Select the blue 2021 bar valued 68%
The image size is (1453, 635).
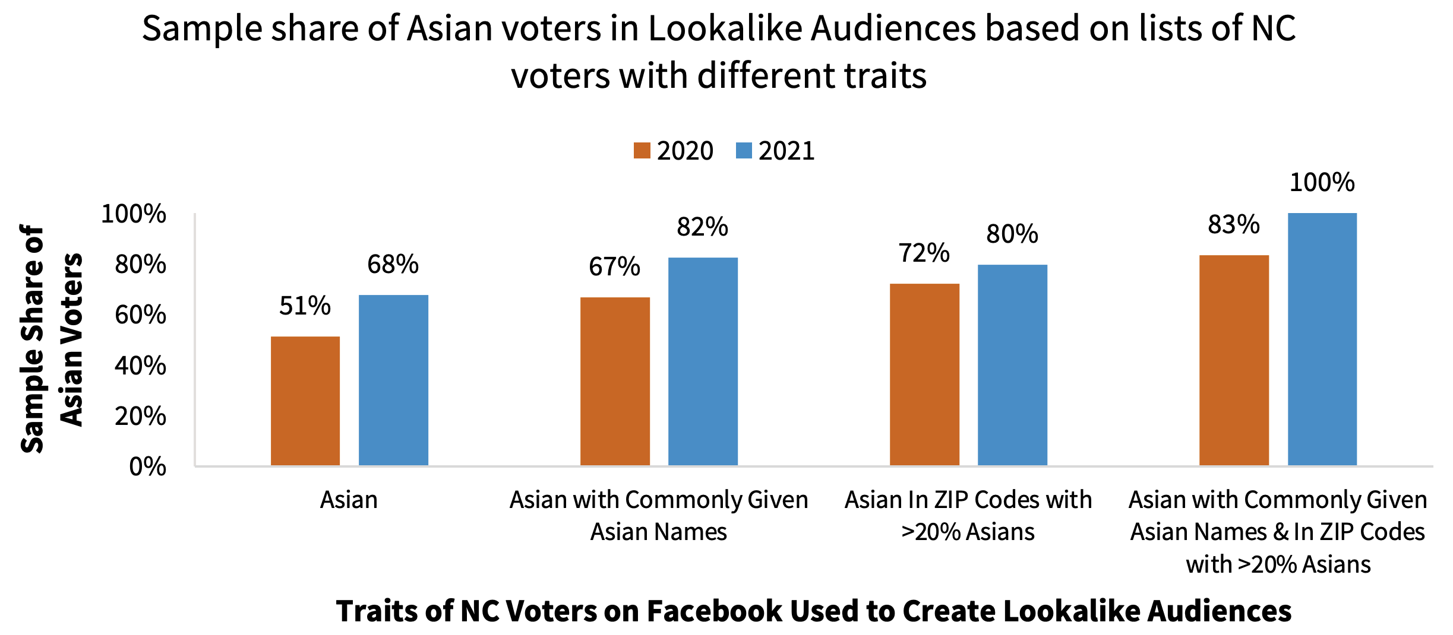click(393, 380)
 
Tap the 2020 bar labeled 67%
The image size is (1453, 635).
click(615, 381)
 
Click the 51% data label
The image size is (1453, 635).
click(305, 306)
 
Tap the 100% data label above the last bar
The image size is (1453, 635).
click(1322, 182)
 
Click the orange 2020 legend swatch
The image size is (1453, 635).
click(642, 151)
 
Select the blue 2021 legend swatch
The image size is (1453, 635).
click(744, 151)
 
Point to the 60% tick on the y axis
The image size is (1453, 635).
click(141, 315)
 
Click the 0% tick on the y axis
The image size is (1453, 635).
click(148, 467)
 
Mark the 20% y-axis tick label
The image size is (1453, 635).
click(141, 417)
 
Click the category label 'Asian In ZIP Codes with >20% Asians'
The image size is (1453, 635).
click(968, 515)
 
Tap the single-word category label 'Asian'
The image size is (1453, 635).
click(349, 500)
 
